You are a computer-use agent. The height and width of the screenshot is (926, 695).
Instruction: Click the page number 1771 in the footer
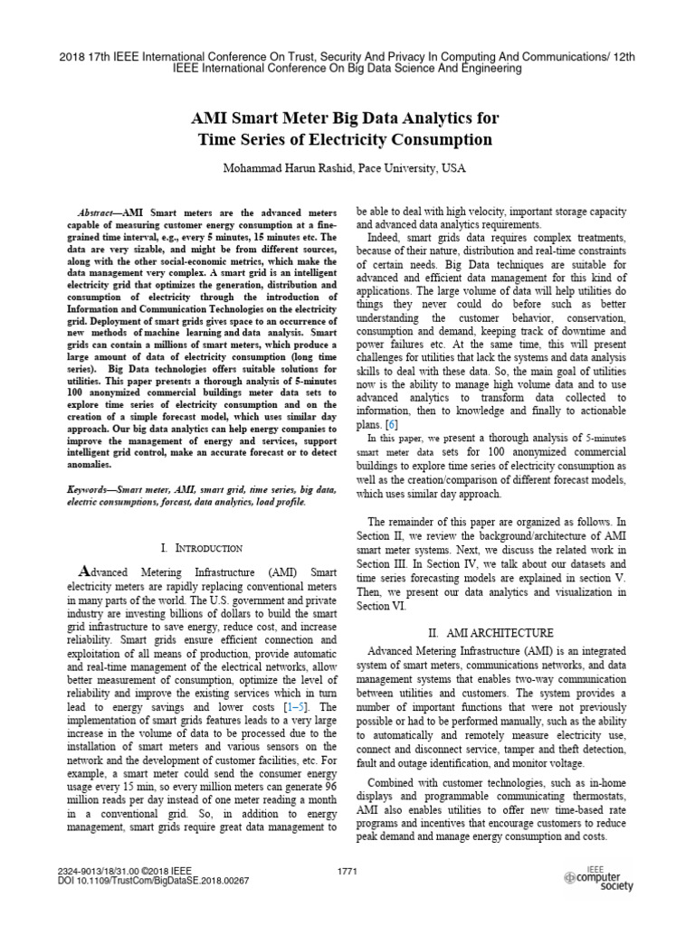click(347, 870)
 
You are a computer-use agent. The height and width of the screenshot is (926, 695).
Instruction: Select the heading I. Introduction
click(200, 548)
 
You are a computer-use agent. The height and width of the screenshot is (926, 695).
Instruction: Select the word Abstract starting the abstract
click(99, 210)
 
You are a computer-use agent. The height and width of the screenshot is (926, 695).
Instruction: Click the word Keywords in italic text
click(95, 489)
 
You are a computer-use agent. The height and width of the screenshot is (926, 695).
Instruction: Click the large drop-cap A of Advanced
click(87, 570)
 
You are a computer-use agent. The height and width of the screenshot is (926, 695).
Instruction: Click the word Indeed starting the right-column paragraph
click(387, 236)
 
